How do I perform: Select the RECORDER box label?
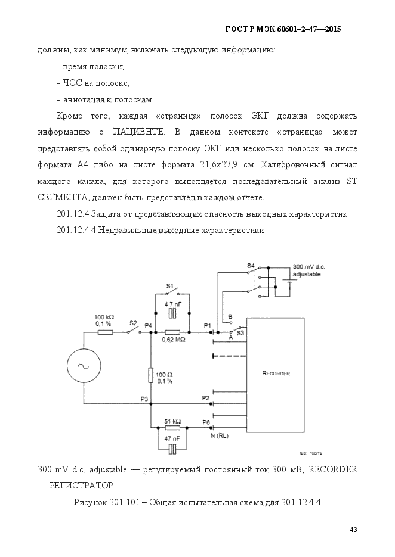(276, 374)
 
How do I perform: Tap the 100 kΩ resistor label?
(105, 319)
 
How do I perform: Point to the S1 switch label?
(169, 287)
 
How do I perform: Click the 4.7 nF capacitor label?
(172, 304)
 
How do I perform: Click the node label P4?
(148, 325)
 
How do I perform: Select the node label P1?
(207, 325)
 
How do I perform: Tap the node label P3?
(144, 397)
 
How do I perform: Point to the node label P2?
(206, 397)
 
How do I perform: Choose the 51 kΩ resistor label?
(172, 421)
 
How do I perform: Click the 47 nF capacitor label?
(172, 438)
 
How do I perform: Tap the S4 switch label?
(251, 265)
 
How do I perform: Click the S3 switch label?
(240, 334)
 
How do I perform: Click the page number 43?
(353, 530)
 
